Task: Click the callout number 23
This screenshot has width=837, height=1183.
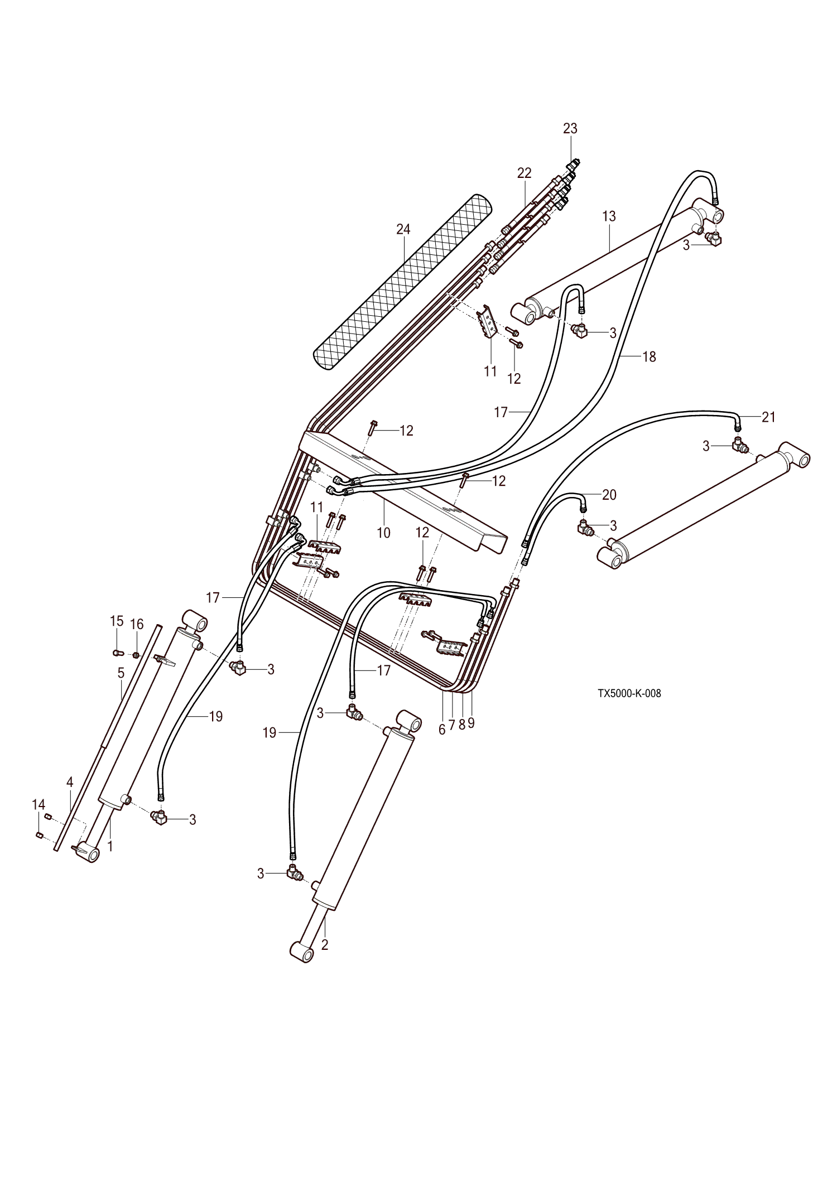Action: coord(570,128)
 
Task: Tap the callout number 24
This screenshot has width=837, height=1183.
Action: coord(403,229)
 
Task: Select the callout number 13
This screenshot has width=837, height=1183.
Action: coord(609,216)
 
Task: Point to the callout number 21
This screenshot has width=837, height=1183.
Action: coord(768,417)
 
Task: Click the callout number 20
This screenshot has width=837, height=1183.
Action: coord(609,495)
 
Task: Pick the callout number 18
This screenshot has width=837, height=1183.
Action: coord(649,356)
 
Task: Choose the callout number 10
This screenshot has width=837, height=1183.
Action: coord(383,533)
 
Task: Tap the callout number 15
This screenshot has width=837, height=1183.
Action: coord(116,621)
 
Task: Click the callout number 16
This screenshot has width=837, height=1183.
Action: coord(137,624)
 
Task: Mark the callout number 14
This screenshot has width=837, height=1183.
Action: coord(38,804)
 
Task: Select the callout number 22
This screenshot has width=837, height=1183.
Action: coord(524,173)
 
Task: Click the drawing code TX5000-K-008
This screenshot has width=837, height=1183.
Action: coord(629,694)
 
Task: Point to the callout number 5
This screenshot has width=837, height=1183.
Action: coord(121,673)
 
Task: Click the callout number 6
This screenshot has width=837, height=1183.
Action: coord(442,729)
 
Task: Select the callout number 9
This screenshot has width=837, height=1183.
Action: coord(471,723)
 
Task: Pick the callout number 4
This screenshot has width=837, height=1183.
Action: coord(70,782)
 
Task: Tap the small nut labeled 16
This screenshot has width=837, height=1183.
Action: coord(136,654)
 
